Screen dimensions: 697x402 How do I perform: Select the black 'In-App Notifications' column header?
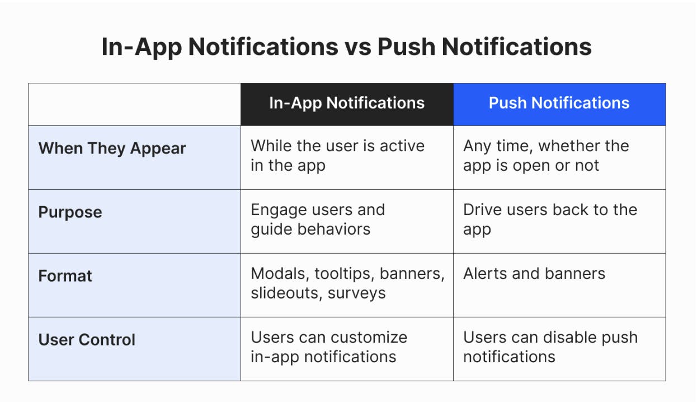point(347,104)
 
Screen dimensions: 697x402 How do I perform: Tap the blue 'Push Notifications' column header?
point(559,104)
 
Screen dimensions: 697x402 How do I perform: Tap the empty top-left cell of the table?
point(134,104)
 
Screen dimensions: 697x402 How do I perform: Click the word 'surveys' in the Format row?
point(356,293)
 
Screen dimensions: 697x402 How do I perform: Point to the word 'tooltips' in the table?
point(343,274)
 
